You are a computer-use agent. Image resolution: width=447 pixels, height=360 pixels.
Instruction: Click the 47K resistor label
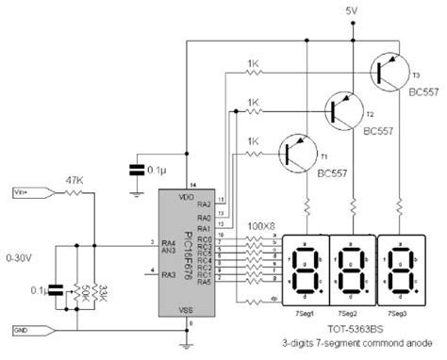tap(73, 177)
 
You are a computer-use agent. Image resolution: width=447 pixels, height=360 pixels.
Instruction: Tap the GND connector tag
tap(23, 329)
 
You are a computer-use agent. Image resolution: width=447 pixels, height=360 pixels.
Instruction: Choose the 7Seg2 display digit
tap(353, 268)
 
